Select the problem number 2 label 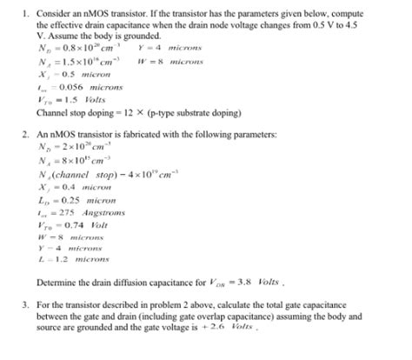pos(26,137)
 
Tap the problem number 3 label pos(26,306)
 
